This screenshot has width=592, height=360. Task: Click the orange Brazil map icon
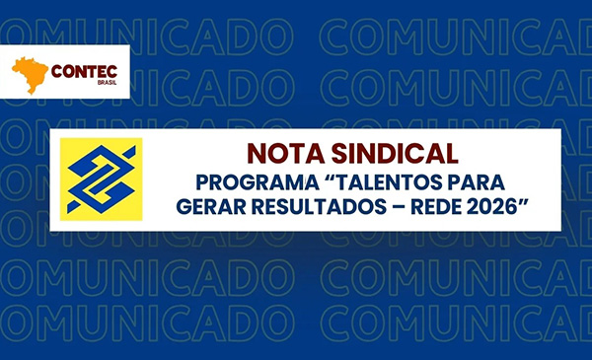point(27,74)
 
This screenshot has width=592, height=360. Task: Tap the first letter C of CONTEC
point(54,71)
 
